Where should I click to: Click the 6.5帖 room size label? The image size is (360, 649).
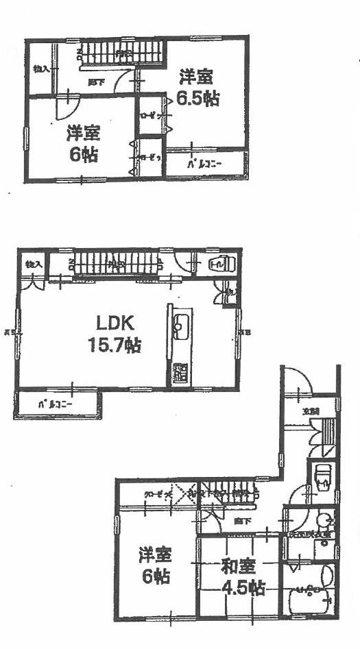point(197,98)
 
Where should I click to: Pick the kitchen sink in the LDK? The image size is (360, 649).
point(181,328)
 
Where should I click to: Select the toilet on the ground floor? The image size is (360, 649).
point(322,474)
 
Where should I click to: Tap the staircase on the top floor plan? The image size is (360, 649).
point(120,53)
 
